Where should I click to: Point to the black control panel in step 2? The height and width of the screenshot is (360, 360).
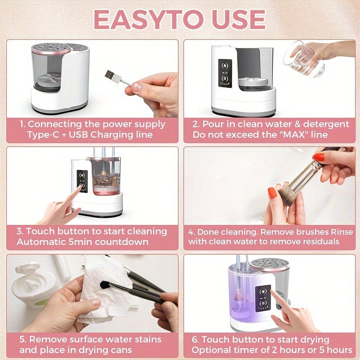click(x=225, y=73)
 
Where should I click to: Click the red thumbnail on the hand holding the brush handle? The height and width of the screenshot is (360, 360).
click(x=319, y=157)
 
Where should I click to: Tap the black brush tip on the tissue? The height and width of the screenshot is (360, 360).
click(x=105, y=285)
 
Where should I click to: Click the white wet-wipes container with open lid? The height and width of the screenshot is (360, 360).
click(x=32, y=284)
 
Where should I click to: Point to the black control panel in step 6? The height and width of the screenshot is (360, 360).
click(x=263, y=298)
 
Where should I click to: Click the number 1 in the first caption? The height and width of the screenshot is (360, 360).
click(x=22, y=124)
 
